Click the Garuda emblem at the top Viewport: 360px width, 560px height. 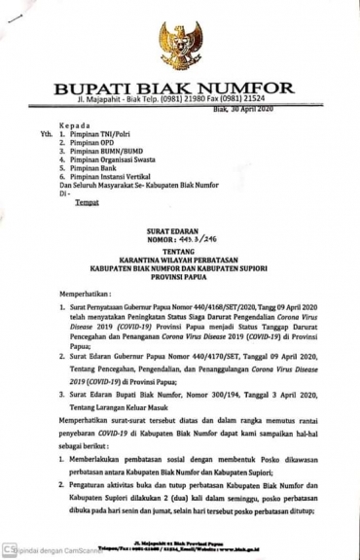tap(180, 45)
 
